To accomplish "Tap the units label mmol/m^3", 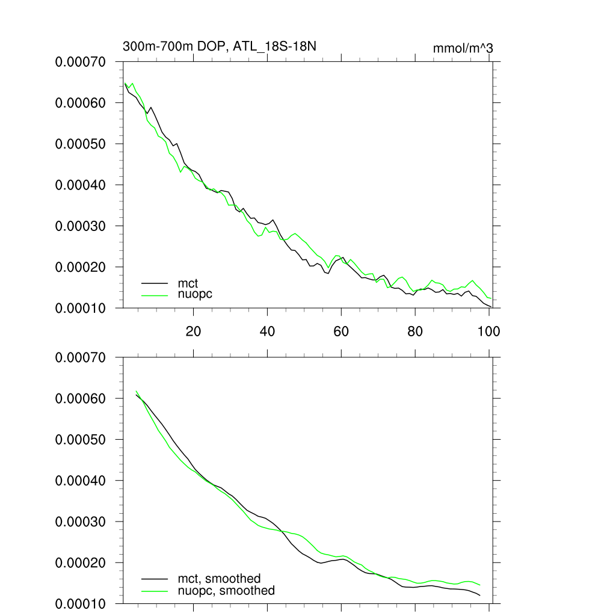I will tap(463, 48).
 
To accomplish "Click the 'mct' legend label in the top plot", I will tap(187, 282).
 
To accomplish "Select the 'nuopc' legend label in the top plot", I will tap(195, 294).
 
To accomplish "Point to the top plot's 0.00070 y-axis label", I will tap(80, 62).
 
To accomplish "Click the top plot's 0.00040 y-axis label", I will tap(80, 185).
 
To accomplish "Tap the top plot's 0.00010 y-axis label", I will tap(80, 308).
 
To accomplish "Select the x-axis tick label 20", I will tap(193, 331).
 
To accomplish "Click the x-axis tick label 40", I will tap(267, 331).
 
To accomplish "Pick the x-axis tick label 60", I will tap(341, 331).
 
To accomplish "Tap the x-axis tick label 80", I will tap(415, 331).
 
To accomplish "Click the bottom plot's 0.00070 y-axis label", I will tap(80, 357).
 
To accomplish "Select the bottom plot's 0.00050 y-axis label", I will tap(80, 440).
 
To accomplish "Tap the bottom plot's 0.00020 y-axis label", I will tap(80, 562).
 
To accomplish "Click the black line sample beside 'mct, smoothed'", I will tap(154, 579).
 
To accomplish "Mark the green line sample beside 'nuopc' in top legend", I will tap(154, 294).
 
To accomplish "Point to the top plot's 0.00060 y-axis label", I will tap(80, 103).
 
